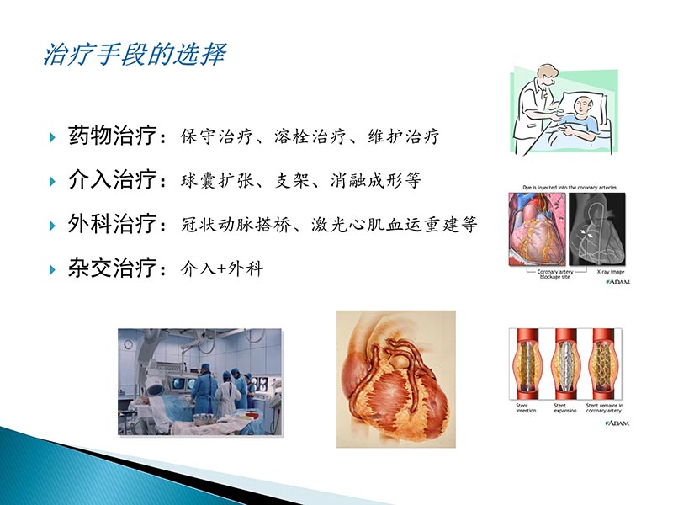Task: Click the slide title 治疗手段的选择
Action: [134, 55]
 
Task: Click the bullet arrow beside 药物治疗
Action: [52, 136]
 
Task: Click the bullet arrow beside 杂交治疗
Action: [52, 270]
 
